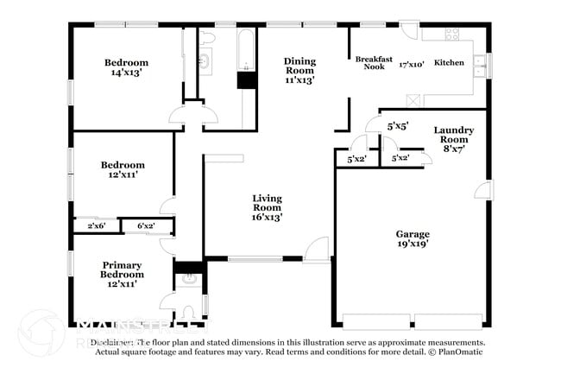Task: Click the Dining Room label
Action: (299, 70)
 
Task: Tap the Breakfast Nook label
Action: (374, 63)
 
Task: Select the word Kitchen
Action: (449, 63)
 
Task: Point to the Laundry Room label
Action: (454, 139)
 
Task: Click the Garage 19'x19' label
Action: (413, 239)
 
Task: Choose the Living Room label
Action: (267, 207)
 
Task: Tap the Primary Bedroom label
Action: (122, 274)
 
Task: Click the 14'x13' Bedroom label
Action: (126, 67)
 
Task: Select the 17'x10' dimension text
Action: (411, 64)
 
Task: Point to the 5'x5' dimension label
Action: (397, 126)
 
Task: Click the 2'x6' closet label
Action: (97, 226)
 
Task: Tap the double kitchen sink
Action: (486, 61)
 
